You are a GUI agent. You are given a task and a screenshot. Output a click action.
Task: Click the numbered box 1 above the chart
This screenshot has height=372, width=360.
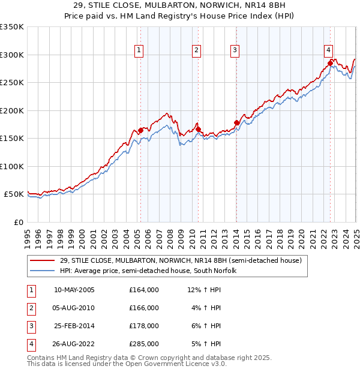click(139, 50)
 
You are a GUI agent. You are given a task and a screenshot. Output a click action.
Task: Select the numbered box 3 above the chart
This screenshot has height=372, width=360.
click(235, 50)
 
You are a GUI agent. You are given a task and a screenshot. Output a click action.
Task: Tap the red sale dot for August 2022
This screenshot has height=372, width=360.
click(330, 62)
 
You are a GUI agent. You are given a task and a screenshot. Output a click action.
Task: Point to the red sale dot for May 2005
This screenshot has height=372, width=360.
click(140, 130)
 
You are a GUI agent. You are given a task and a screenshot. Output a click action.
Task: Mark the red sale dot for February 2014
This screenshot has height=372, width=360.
click(236, 122)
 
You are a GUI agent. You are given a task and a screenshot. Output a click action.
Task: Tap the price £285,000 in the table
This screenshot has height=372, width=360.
click(144, 344)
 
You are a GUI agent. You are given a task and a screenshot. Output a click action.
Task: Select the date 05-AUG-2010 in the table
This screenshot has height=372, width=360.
click(74, 308)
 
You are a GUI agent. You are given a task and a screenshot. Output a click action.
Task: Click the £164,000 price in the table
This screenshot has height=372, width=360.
click(144, 290)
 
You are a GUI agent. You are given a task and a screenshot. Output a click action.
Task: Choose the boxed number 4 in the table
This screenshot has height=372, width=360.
click(29, 344)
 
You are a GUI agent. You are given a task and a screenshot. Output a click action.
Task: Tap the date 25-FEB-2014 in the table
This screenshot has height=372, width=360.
click(74, 326)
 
